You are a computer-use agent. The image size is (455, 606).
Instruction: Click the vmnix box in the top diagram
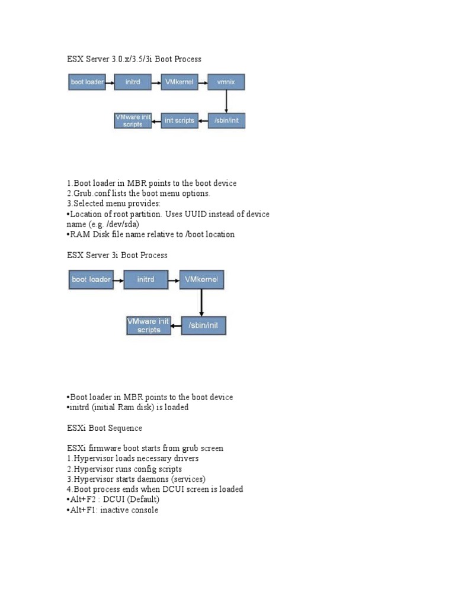[226, 82]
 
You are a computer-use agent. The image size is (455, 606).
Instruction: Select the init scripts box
[180, 121]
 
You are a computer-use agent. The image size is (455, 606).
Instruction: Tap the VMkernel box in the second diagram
[201, 279]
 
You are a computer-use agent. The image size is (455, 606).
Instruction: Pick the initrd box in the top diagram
[133, 82]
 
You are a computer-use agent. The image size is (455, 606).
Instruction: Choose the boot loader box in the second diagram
[91, 279]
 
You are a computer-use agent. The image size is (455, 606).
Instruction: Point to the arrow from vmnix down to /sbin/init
[226, 101]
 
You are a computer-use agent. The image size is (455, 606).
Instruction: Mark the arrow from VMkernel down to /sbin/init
[201, 302]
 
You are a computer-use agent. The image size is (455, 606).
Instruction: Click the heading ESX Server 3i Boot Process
[117, 255]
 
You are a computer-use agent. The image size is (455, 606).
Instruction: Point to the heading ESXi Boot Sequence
[104, 427]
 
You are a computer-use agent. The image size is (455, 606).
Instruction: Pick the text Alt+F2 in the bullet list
[83, 499]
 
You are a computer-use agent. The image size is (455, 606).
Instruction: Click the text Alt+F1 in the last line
[83, 510]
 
